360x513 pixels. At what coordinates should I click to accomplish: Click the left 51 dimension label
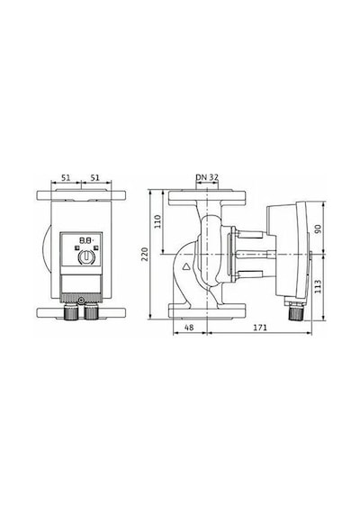66,177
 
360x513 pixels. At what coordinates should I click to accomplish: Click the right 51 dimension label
94,177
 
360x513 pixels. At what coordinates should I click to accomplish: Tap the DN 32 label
207,177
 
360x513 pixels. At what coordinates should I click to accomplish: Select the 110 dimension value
157,221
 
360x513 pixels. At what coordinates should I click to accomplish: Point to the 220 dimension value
145,254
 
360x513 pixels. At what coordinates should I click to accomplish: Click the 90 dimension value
318,229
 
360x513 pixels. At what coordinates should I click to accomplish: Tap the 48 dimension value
189,328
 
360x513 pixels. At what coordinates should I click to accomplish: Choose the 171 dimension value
260,328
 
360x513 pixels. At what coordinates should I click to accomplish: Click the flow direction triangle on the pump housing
187,266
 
